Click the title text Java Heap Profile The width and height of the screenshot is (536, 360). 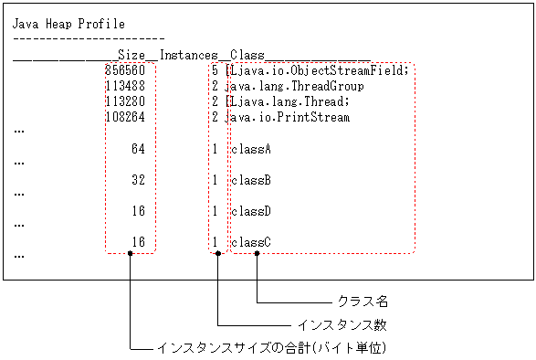pyautogui.click(x=68, y=24)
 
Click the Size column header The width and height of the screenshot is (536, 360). pyautogui.click(x=132, y=55)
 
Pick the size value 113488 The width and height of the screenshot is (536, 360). pyautogui.click(x=125, y=87)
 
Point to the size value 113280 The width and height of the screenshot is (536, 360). pyautogui.click(x=125, y=101)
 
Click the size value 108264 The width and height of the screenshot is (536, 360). pyautogui.click(x=125, y=117)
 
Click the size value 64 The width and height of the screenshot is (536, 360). pyautogui.click(x=138, y=149)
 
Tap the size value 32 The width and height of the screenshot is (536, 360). pyautogui.click(x=138, y=180)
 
